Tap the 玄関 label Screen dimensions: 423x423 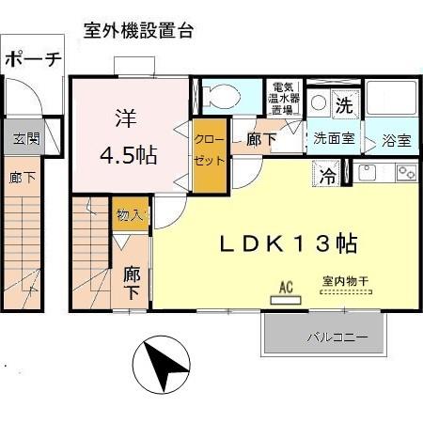(x=26, y=138)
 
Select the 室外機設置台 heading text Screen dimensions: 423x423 (x=138, y=30)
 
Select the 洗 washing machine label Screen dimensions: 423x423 (x=344, y=105)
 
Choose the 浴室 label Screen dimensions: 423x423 (x=396, y=142)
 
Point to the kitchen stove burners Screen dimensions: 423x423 (x=406, y=172)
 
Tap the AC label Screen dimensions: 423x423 (x=284, y=288)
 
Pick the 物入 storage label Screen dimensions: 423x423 (x=129, y=215)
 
